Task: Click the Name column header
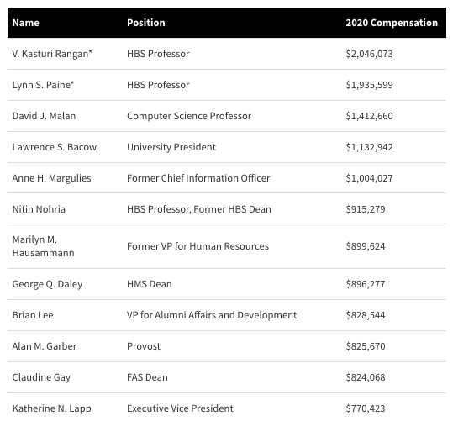[26, 23]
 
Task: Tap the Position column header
[146, 23]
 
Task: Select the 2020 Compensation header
[392, 23]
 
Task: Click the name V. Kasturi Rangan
[50, 54]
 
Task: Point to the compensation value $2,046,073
[370, 54]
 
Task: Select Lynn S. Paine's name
[41, 85]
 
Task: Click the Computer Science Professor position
[189, 116]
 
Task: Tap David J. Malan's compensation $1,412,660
[370, 116]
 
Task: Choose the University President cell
[171, 147]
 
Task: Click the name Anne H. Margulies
[52, 178]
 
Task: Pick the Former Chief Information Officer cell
[198, 178]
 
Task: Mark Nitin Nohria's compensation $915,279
[366, 209]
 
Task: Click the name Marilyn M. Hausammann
[44, 246]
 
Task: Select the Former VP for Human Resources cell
[198, 246]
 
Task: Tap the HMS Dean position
[150, 284]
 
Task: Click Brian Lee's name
[33, 315]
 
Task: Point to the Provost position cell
[144, 346]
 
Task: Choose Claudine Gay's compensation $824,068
[366, 377]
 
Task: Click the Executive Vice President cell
[180, 408]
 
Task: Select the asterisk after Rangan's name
[91, 51]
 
